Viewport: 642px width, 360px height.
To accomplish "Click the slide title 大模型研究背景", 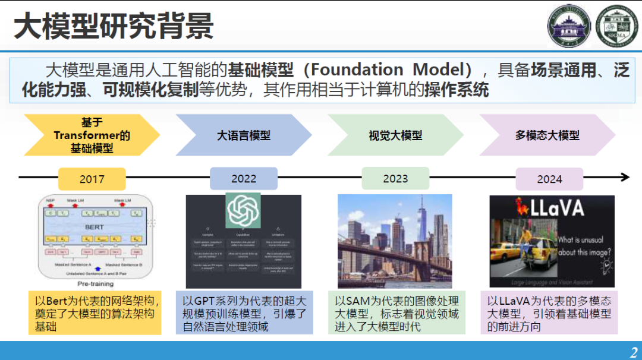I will click(x=114, y=27).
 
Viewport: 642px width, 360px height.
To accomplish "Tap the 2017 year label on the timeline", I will click(x=92, y=179).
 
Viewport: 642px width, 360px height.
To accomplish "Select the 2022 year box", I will click(x=244, y=179).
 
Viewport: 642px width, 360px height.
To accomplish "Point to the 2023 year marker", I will click(x=395, y=179).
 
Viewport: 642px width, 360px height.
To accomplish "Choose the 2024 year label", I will click(x=549, y=179).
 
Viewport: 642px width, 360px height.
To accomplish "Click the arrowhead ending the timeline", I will click(x=625, y=177).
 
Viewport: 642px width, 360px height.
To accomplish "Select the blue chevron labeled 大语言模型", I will click(x=244, y=135).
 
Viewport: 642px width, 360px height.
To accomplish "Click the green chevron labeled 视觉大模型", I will click(x=395, y=135).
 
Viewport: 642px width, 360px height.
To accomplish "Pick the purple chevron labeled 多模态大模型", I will click(x=547, y=135).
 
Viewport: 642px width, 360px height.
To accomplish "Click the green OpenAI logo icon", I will click(x=243, y=210).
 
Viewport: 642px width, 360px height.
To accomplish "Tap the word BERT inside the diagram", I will click(x=93, y=227).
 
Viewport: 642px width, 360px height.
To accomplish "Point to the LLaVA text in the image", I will click(x=556, y=209).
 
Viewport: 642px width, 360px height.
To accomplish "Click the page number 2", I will click(x=632, y=351).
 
